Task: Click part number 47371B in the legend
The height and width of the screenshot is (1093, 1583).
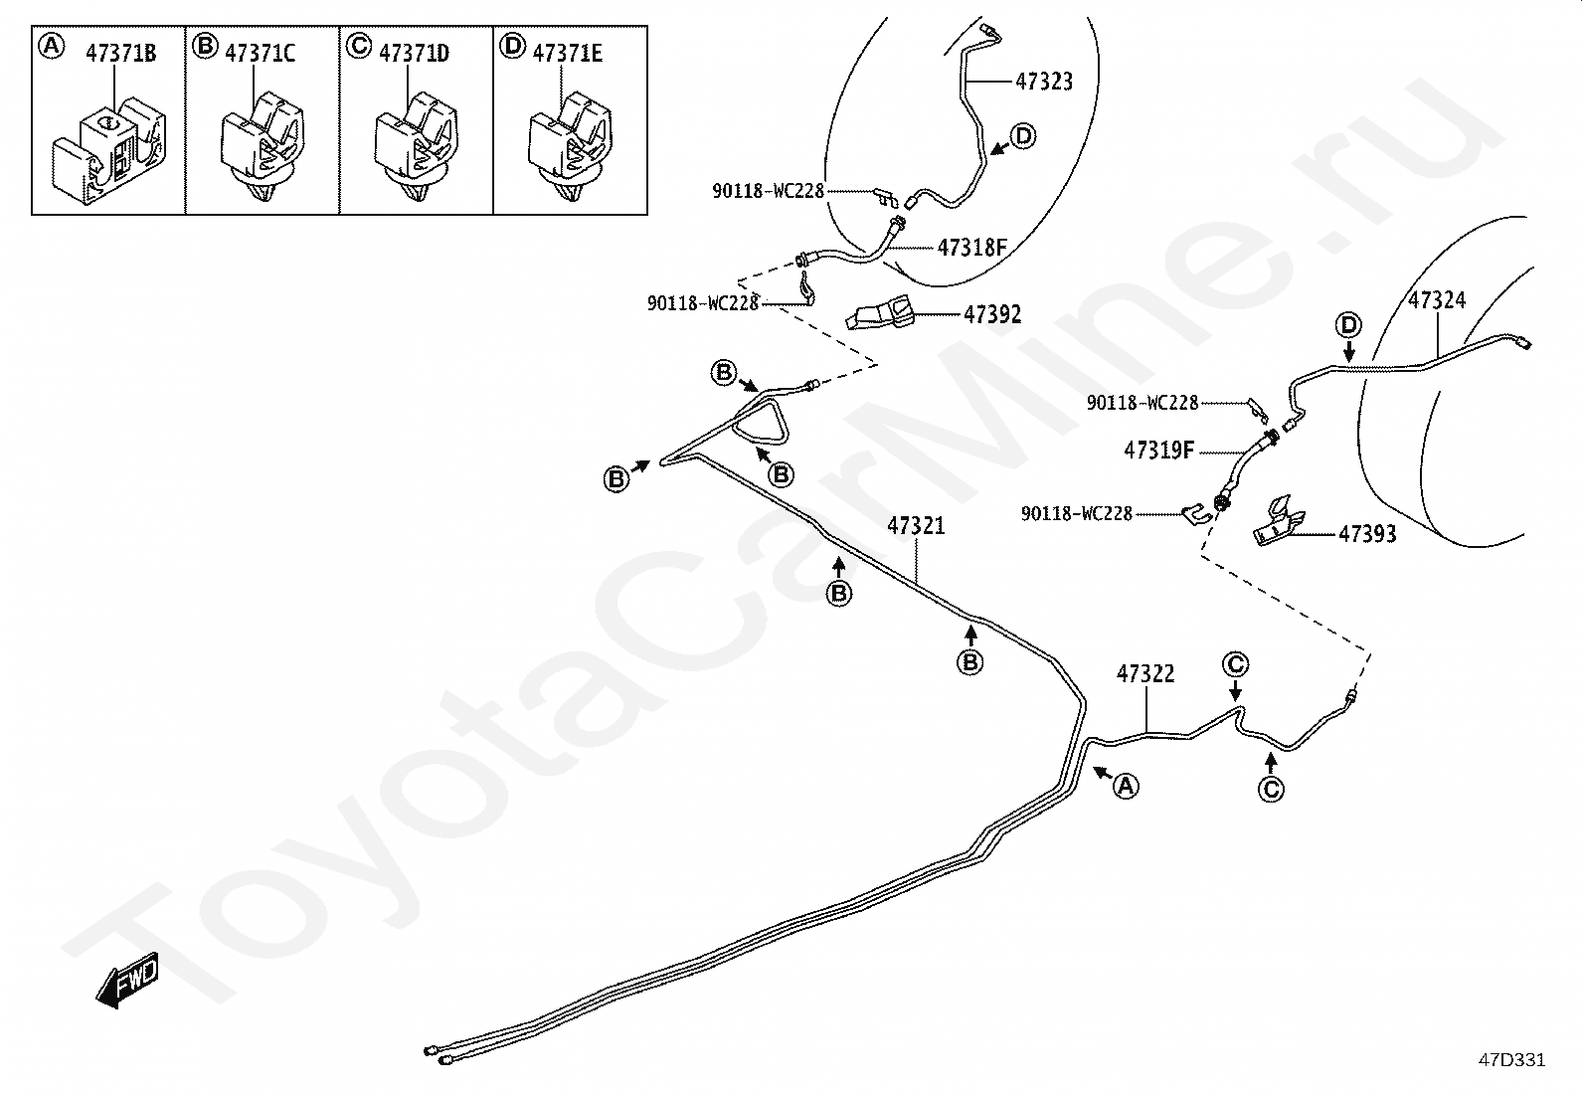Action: click(x=118, y=54)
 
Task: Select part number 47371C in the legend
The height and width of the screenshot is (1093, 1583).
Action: click(x=261, y=54)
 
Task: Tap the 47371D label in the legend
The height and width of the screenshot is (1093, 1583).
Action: click(x=414, y=54)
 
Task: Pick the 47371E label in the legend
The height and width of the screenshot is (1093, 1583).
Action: click(x=567, y=54)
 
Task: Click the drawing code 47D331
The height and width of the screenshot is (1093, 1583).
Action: click(x=1511, y=1060)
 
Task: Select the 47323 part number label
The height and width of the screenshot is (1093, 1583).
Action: click(x=1044, y=82)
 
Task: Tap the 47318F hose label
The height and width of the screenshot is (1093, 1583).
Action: click(x=972, y=247)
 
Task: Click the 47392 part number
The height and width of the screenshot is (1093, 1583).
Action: click(x=992, y=314)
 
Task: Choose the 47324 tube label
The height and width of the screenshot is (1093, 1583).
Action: click(x=1437, y=299)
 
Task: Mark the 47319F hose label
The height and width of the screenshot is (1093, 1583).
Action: click(x=1158, y=451)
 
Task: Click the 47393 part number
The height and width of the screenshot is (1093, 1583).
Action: click(x=1367, y=534)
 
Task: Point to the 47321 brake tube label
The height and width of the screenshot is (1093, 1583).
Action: click(x=916, y=525)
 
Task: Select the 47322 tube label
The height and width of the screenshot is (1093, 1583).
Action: click(x=1145, y=674)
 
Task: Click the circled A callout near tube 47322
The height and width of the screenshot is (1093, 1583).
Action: click(x=1125, y=786)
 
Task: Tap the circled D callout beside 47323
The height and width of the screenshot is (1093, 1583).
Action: click(x=1023, y=136)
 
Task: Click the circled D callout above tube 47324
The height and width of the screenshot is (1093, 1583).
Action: click(x=1348, y=324)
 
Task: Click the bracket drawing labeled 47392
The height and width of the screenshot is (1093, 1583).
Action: click(x=884, y=312)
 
